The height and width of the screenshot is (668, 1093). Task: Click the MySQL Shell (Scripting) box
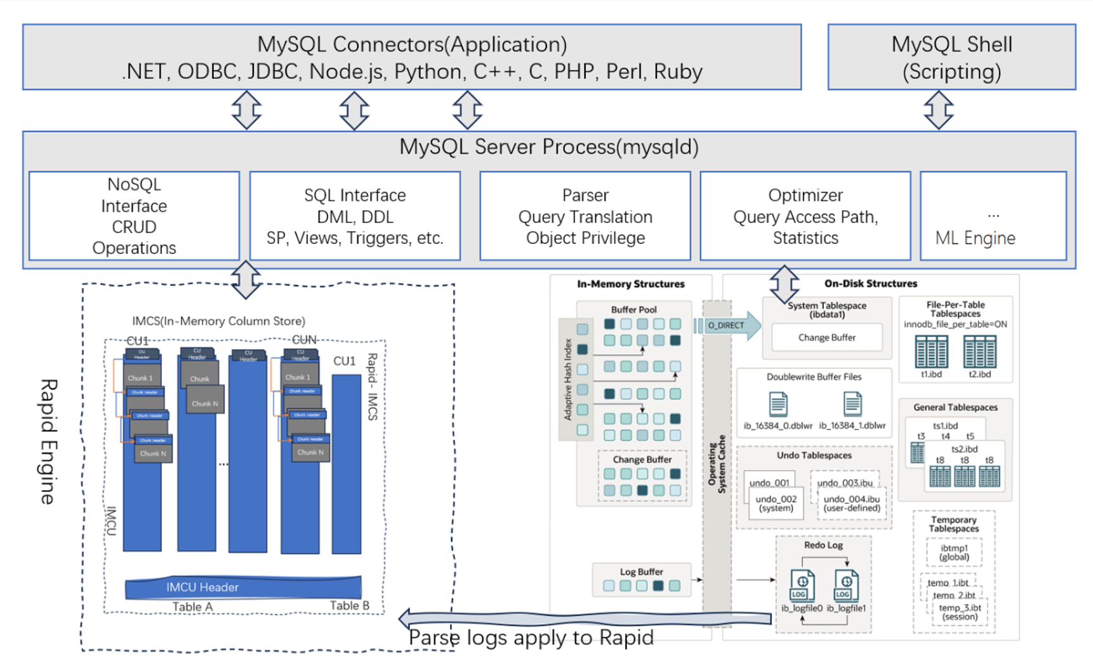(951, 57)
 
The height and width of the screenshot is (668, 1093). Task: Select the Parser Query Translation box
(585, 216)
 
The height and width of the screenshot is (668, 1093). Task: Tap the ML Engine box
(993, 216)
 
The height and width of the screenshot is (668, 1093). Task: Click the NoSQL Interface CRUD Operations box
(134, 216)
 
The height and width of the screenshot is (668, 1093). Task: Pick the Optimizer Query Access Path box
(805, 216)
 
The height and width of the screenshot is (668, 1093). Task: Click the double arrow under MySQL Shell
(939, 110)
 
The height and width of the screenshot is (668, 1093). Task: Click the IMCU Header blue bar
(243, 587)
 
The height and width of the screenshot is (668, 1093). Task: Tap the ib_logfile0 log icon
(802, 585)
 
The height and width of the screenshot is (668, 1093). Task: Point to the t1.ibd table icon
(931, 352)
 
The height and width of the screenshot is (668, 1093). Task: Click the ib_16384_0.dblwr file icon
(778, 404)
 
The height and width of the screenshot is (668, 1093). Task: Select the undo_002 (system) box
(776, 504)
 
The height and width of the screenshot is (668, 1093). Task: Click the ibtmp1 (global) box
(954, 552)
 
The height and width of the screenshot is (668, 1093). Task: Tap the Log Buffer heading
(641, 571)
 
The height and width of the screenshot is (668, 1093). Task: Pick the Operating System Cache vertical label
(717, 464)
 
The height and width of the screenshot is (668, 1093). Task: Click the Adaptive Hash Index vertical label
(568, 380)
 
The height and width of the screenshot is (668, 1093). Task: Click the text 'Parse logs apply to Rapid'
(531, 638)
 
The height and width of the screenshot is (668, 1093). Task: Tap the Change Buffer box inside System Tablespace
(826, 338)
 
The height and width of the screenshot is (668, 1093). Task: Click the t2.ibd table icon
(979, 352)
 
